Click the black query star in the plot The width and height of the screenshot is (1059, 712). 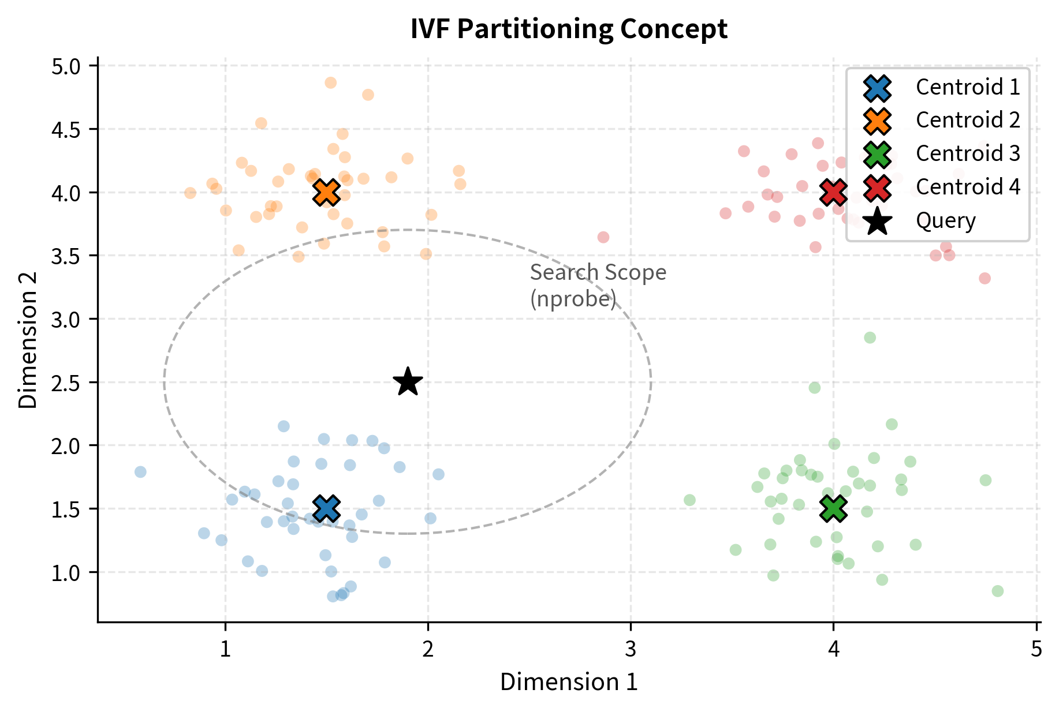click(x=408, y=382)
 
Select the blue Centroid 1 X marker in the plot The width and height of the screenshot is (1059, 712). click(x=326, y=508)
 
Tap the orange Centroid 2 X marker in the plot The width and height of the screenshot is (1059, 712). click(x=326, y=193)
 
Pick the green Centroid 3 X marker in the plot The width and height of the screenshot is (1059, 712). click(x=833, y=508)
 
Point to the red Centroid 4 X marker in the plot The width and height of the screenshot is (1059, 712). click(x=833, y=193)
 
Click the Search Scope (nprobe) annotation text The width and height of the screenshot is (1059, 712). click(x=598, y=286)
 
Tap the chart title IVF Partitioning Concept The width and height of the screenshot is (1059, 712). click(x=569, y=29)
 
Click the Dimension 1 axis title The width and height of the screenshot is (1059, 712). click(x=569, y=682)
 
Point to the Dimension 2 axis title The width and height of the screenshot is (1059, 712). click(x=28, y=340)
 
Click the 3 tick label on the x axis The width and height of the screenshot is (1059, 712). click(x=630, y=650)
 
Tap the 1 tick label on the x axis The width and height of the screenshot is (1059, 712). click(x=225, y=650)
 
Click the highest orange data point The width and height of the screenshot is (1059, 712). click(x=330, y=83)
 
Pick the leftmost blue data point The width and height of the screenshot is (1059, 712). click(x=140, y=472)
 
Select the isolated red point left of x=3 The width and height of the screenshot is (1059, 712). click(x=603, y=237)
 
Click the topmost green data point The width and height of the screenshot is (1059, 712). click(x=870, y=338)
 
